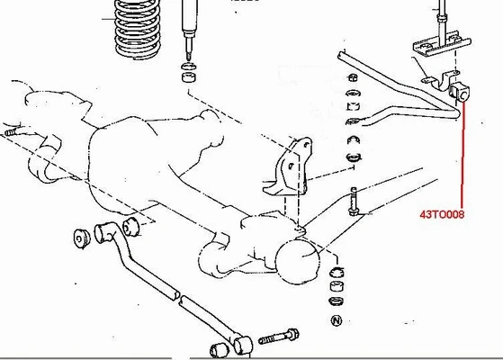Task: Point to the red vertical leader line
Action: click(463, 153)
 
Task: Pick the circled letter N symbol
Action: click(337, 320)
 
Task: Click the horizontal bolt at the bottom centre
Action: click(282, 338)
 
